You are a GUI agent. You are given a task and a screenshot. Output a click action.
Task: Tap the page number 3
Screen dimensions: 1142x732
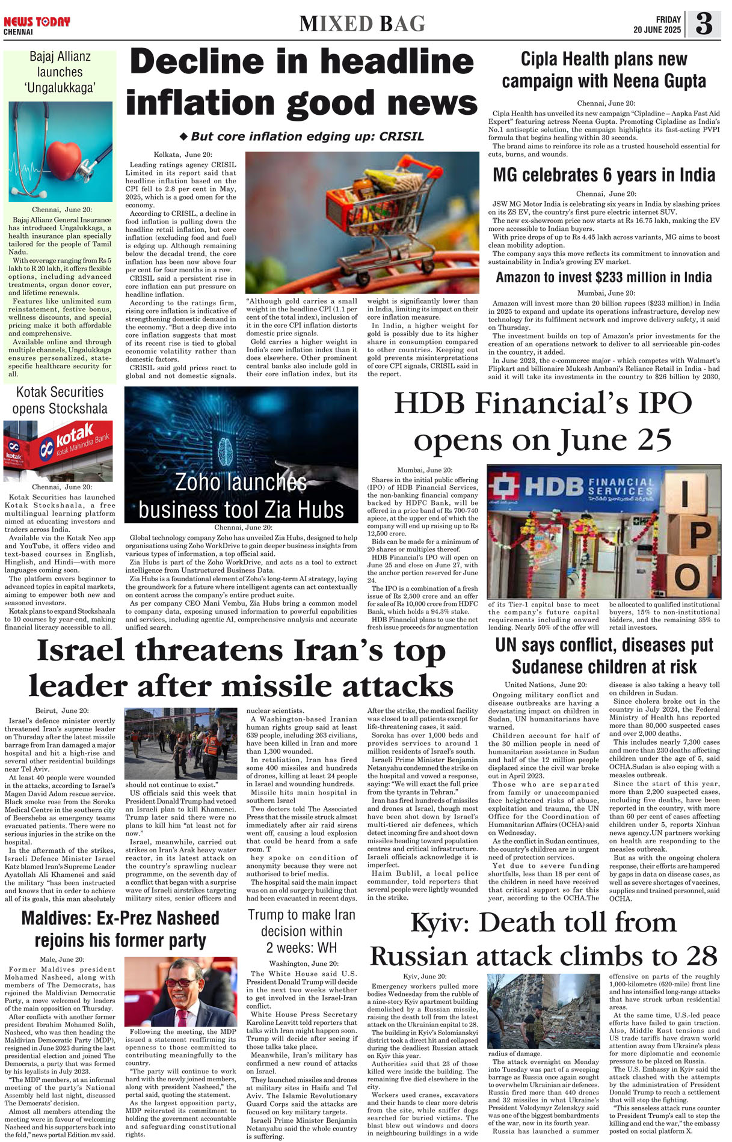click(703, 25)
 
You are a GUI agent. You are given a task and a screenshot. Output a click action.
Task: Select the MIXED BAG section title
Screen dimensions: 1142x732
click(362, 24)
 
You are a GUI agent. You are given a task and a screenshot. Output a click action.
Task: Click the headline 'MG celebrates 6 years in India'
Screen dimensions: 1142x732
click(604, 175)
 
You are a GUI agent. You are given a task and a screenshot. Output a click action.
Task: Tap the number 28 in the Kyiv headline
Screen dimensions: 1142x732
click(700, 956)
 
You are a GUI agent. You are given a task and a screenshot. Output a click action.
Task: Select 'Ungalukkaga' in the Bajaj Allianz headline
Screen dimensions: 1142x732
click(60, 88)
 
